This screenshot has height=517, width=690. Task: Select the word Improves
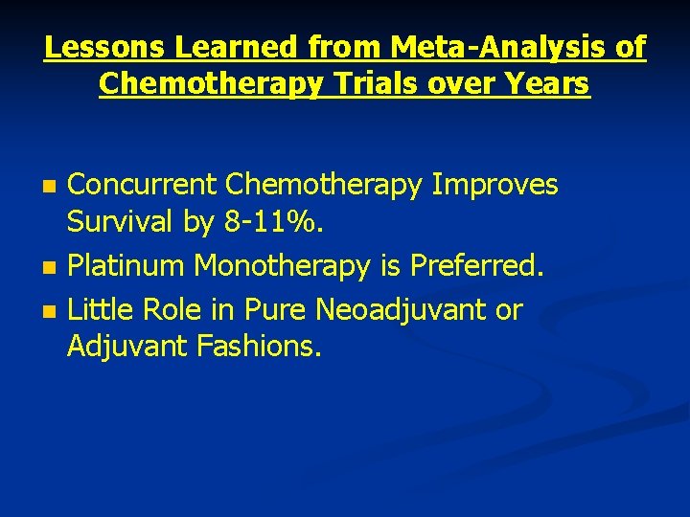(x=494, y=185)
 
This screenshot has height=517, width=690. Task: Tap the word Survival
(x=120, y=223)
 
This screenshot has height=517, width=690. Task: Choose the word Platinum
(x=126, y=267)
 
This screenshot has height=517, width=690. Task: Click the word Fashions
(x=258, y=347)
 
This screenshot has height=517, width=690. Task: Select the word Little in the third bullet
(x=99, y=310)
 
